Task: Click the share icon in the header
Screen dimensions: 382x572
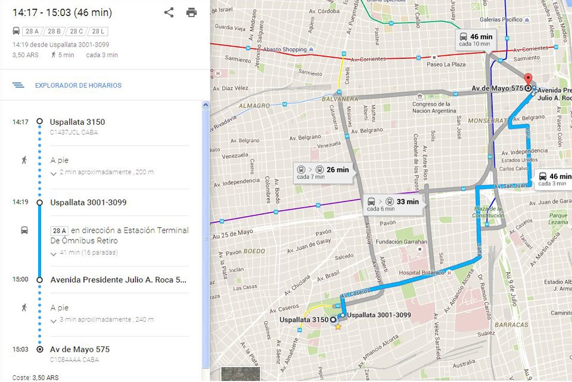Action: pos(169,13)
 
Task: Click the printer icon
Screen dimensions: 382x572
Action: pos(191,13)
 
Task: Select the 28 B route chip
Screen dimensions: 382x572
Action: pos(54,32)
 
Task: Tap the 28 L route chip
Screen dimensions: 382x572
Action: pos(99,32)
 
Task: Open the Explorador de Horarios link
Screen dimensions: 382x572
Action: pos(78,85)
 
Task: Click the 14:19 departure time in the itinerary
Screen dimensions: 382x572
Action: pos(20,202)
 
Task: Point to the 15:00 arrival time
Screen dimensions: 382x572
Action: pos(20,279)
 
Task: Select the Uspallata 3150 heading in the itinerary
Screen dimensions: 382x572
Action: pos(77,122)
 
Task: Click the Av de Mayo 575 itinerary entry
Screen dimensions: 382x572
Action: pos(80,349)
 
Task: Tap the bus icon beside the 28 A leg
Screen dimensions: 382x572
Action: pos(24,230)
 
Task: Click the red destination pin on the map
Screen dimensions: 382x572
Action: pos(527,79)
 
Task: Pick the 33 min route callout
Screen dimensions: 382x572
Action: pos(394,204)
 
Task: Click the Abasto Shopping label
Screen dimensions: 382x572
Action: pos(285,50)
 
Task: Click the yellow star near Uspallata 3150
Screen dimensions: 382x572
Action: pos(338,327)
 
